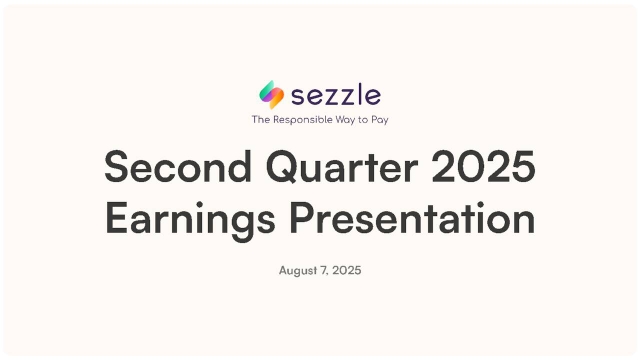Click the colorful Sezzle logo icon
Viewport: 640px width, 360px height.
271,95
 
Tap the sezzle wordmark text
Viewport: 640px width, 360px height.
335,96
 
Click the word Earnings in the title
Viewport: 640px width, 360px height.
188,220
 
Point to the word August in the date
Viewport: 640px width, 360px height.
296,271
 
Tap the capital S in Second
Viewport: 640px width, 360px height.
117,167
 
